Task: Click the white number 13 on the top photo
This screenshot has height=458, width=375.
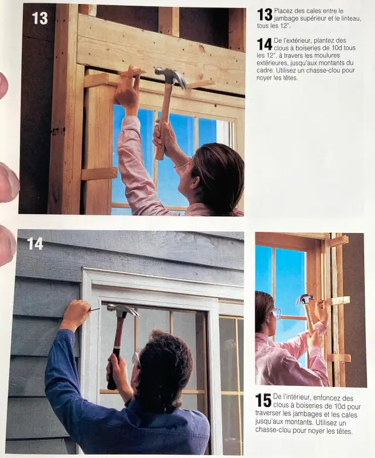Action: (x=40, y=18)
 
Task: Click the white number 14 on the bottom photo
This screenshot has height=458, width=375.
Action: (x=35, y=243)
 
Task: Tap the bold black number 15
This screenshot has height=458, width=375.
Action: (x=263, y=400)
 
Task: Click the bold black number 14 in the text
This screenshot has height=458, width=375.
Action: (x=264, y=44)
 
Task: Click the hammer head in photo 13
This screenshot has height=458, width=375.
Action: (x=170, y=76)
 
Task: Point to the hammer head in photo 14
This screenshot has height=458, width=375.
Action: (x=122, y=309)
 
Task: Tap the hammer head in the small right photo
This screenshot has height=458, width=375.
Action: (x=305, y=299)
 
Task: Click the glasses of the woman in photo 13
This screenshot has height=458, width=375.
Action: (x=182, y=165)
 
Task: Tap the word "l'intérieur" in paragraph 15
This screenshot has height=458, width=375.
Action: (x=295, y=398)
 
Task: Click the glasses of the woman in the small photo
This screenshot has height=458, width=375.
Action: (x=276, y=313)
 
